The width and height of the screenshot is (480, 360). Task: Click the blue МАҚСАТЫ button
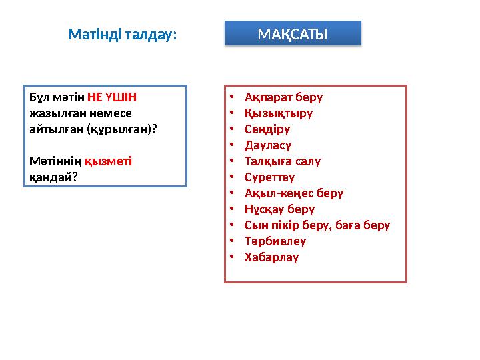tap(292, 33)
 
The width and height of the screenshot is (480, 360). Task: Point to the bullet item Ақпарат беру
tap(283, 97)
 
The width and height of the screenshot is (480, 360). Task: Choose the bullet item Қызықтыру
tap(278, 113)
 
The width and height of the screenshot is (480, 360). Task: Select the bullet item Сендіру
tap(267, 129)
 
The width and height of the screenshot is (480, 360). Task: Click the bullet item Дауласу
tap(268, 145)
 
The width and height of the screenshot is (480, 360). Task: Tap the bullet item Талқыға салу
tap(283, 161)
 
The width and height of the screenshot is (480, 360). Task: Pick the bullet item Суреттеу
tap(269, 177)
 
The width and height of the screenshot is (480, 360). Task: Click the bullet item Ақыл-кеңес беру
tap(294, 193)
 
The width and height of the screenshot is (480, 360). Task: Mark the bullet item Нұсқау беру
tap(279, 209)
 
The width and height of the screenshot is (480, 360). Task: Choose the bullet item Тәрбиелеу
tap(275, 241)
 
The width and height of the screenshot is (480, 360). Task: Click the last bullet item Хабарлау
tap(271, 257)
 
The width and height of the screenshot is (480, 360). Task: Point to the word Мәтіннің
tap(55, 161)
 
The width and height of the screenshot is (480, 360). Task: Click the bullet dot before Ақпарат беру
tap(230, 97)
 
